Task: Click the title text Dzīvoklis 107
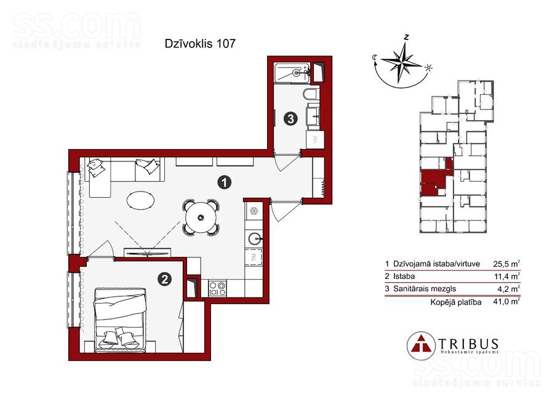pos(200,44)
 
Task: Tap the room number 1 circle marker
pos(224,183)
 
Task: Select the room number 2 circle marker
pos(165,279)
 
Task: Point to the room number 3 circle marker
pos(290,118)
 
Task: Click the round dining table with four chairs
pos(201,217)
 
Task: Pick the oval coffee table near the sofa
pos(141,200)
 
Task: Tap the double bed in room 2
pos(120,321)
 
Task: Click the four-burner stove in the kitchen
pos(217,288)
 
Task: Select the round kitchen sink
pos(255,238)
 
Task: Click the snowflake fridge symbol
pos(254,211)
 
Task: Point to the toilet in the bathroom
pos(311,94)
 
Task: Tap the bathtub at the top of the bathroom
pos(293,73)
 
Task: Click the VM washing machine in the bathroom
pos(314,140)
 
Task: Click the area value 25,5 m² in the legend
pos(506,264)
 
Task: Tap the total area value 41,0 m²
pos(506,302)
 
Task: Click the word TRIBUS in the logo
pos(468,344)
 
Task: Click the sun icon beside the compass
pos(428,68)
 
